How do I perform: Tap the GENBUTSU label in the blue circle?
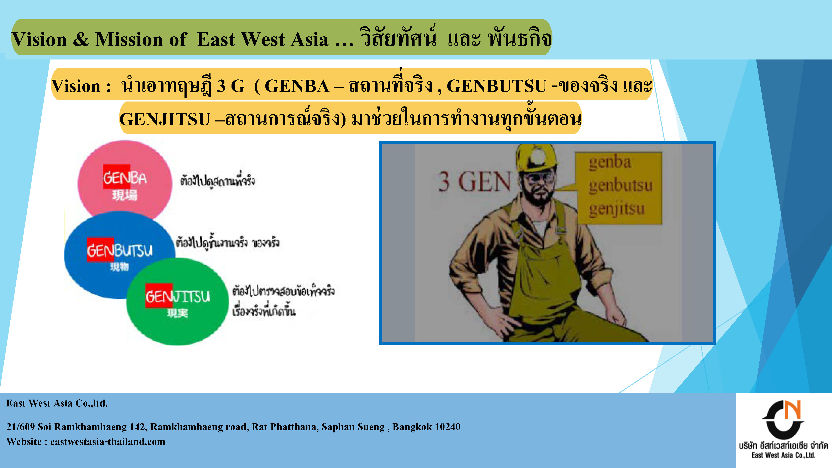pyautogui.click(x=120, y=250)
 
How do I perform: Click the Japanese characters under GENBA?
pyautogui.click(x=125, y=195)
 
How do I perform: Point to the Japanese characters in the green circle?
pyautogui.click(x=177, y=313)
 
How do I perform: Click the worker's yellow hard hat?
pyautogui.click(x=536, y=158)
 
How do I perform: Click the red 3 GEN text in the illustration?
pyautogui.click(x=474, y=182)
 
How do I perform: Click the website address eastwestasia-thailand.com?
pyautogui.click(x=108, y=442)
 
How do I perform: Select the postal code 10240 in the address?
pyautogui.click(x=447, y=427)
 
